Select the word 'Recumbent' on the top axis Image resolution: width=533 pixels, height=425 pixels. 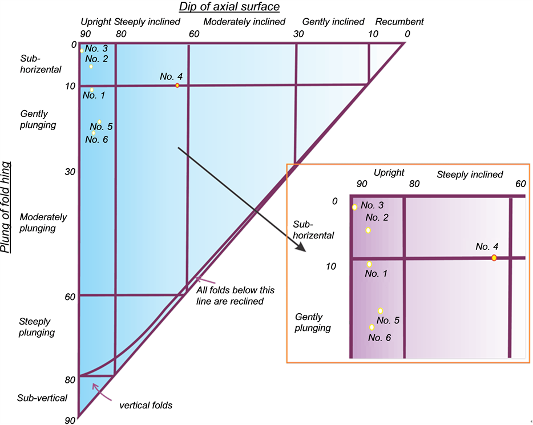pyautogui.click(x=403, y=22)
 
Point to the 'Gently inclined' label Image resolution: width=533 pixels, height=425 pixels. pyautogui.click(x=333, y=22)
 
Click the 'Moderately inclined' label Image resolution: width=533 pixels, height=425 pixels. pyautogui.click(x=244, y=22)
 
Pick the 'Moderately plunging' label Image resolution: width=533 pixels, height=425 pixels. pyautogui.click(x=43, y=222)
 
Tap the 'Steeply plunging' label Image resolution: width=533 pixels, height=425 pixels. pyautogui.click(x=37, y=327)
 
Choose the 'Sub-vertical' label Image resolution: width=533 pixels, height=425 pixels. pyautogui.click(x=42, y=398)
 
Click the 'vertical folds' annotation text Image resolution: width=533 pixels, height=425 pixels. pyautogui.click(x=146, y=405)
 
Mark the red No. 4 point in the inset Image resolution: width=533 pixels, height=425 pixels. pyautogui.click(x=494, y=258)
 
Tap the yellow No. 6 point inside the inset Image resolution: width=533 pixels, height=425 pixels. pyautogui.click(x=372, y=327)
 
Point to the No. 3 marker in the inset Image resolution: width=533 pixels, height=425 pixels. pyautogui.click(x=354, y=207)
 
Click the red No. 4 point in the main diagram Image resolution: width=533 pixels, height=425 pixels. pyautogui.click(x=177, y=86)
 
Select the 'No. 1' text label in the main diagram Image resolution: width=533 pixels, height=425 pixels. pyautogui.click(x=94, y=95)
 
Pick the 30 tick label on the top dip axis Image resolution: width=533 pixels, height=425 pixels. pyautogui.click(x=298, y=34)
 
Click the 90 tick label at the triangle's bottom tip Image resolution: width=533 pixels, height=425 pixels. pyautogui.click(x=70, y=420)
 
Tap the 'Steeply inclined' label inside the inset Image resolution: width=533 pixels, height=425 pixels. pyautogui.click(x=470, y=175)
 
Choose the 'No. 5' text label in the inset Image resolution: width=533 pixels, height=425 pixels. pyautogui.click(x=388, y=320)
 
